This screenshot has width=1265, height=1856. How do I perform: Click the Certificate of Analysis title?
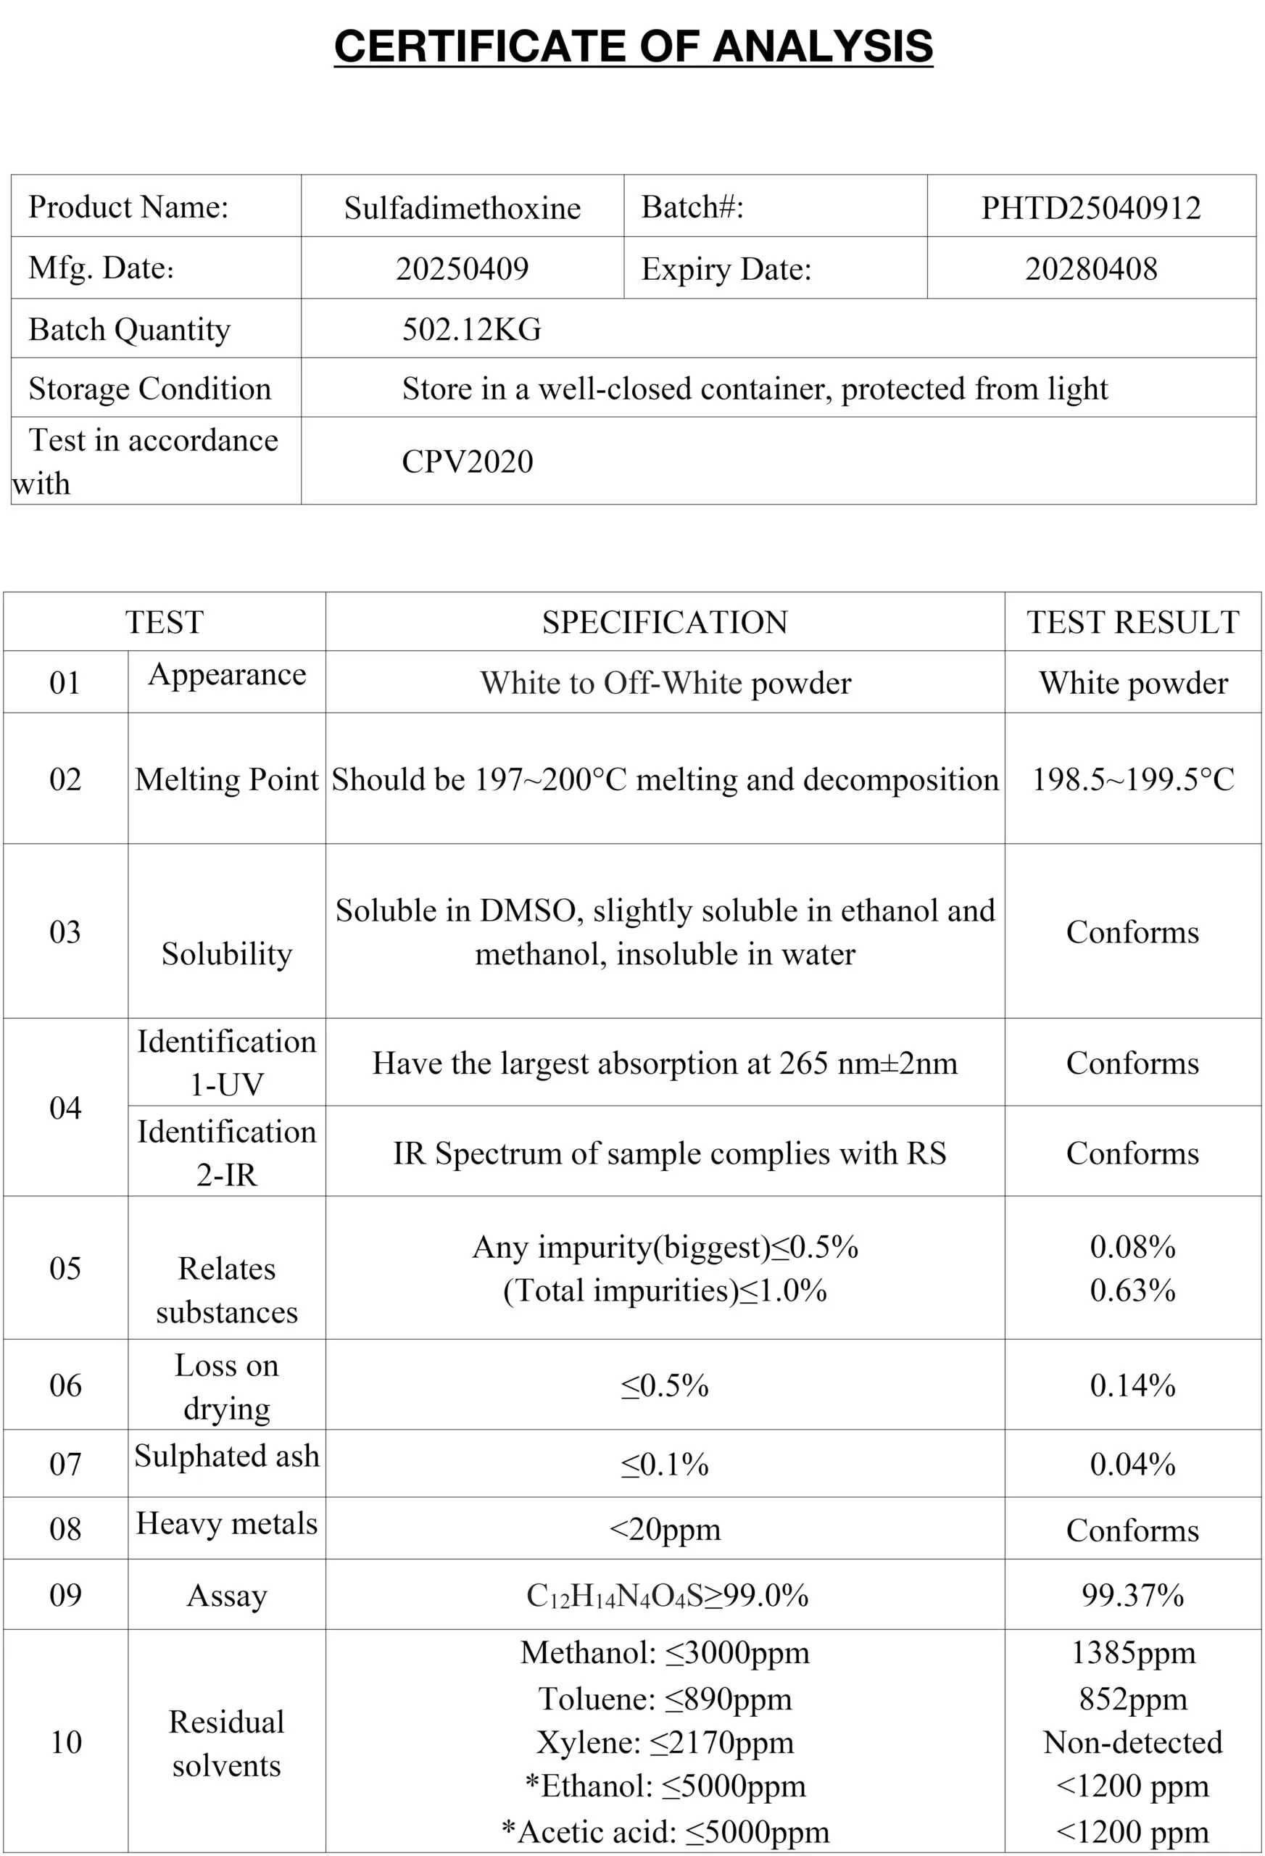point(632,46)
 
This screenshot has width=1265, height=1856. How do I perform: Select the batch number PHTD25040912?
point(1091,207)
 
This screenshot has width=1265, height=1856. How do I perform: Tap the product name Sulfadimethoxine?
point(463,207)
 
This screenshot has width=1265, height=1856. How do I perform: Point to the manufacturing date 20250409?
point(463,268)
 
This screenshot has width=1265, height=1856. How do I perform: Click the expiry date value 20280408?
point(1091,268)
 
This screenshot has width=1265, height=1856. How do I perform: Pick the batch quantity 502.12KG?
point(471,329)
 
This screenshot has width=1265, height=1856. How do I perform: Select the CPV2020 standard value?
point(467,462)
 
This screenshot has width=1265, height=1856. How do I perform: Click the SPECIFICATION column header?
point(665,622)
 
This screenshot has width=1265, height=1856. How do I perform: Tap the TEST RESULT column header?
point(1132,622)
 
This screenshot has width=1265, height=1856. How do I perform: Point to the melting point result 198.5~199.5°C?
point(1132,779)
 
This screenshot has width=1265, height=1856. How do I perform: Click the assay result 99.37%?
point(1132,1595)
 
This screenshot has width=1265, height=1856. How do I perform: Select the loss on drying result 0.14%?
point(1132,1385)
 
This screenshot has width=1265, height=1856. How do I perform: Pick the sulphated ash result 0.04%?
point(1132,1464)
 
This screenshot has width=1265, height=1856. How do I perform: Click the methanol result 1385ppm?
point(1132,1652)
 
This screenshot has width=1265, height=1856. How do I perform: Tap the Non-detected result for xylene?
point(1132,1741)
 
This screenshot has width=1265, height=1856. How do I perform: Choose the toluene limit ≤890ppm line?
point(665,1699)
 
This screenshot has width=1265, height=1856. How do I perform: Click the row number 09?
point(65,1595)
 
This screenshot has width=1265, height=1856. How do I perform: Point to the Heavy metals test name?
point(227,1523)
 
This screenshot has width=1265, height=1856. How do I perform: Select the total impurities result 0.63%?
point(1132,1290)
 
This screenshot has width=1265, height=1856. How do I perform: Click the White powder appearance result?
point(1132,683)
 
